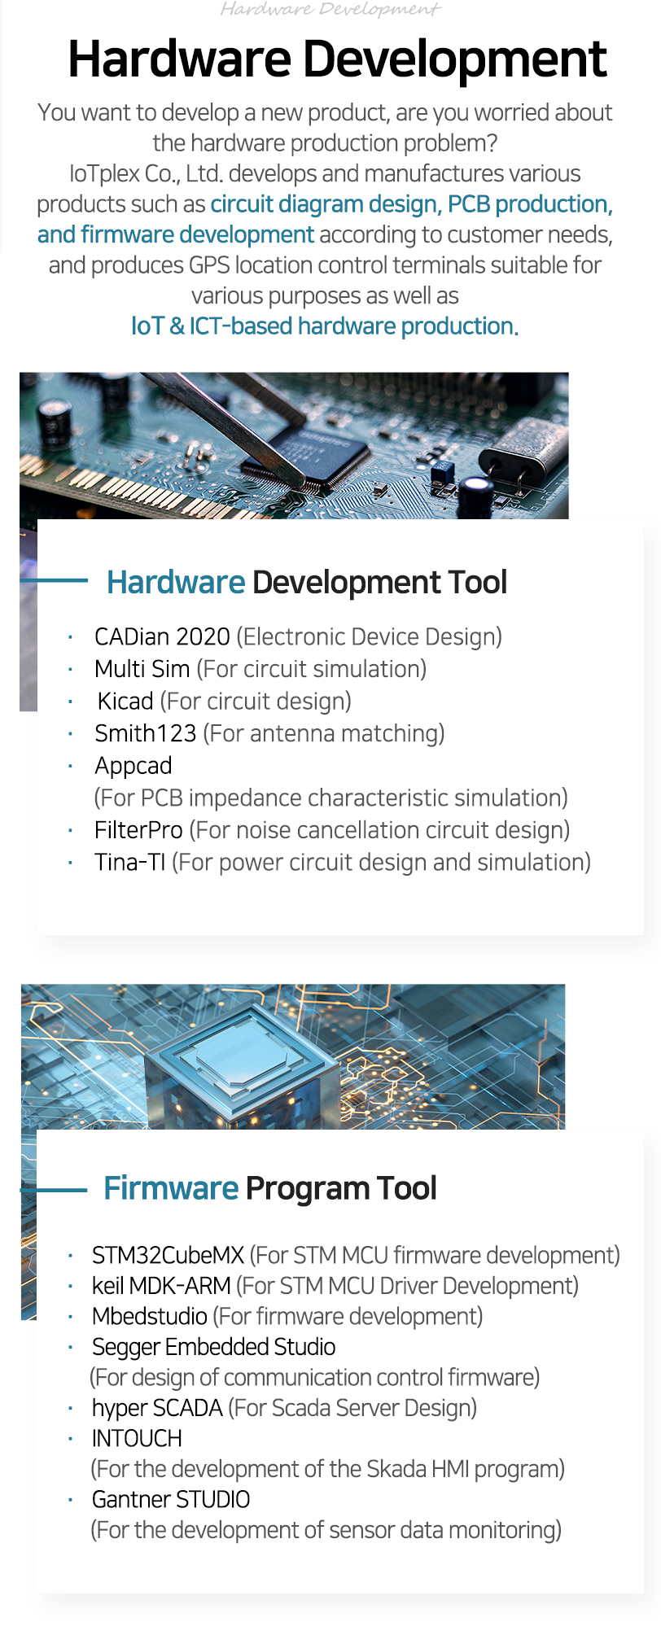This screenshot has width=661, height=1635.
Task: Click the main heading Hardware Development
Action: [x=337, y=59]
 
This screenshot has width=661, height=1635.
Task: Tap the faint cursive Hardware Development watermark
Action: [x=330, y=10]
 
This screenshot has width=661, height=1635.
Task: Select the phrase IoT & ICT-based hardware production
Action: [x=325, y=326]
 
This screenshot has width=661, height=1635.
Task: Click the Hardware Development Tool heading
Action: [x=307, y=583]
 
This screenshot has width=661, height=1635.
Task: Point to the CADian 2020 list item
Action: [x=162, y=636]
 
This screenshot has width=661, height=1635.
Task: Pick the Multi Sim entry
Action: [x=142, y=669]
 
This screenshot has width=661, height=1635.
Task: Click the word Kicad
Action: [x=125, y=701]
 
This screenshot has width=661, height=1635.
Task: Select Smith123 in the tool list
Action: [x=146, y=733]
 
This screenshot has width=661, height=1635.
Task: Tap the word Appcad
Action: [x=134, y=767]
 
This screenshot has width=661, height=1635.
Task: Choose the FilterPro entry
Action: [x=138, y=830]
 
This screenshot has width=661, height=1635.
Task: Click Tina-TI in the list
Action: [x=130, y=862]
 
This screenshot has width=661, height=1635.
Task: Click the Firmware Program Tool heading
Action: [x=270, y=1189]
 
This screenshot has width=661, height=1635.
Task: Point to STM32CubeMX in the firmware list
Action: [x=168, y=1255]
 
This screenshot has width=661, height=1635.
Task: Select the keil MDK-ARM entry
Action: [x=161, y=1286]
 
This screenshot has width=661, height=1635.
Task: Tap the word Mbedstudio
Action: [x=150, y=1316]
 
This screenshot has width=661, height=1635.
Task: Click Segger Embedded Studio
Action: [x=213, y=1348]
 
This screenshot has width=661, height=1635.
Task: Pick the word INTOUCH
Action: [x=137, y=1439]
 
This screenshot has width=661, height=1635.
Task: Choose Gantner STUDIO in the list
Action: [x=171, y=1499]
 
